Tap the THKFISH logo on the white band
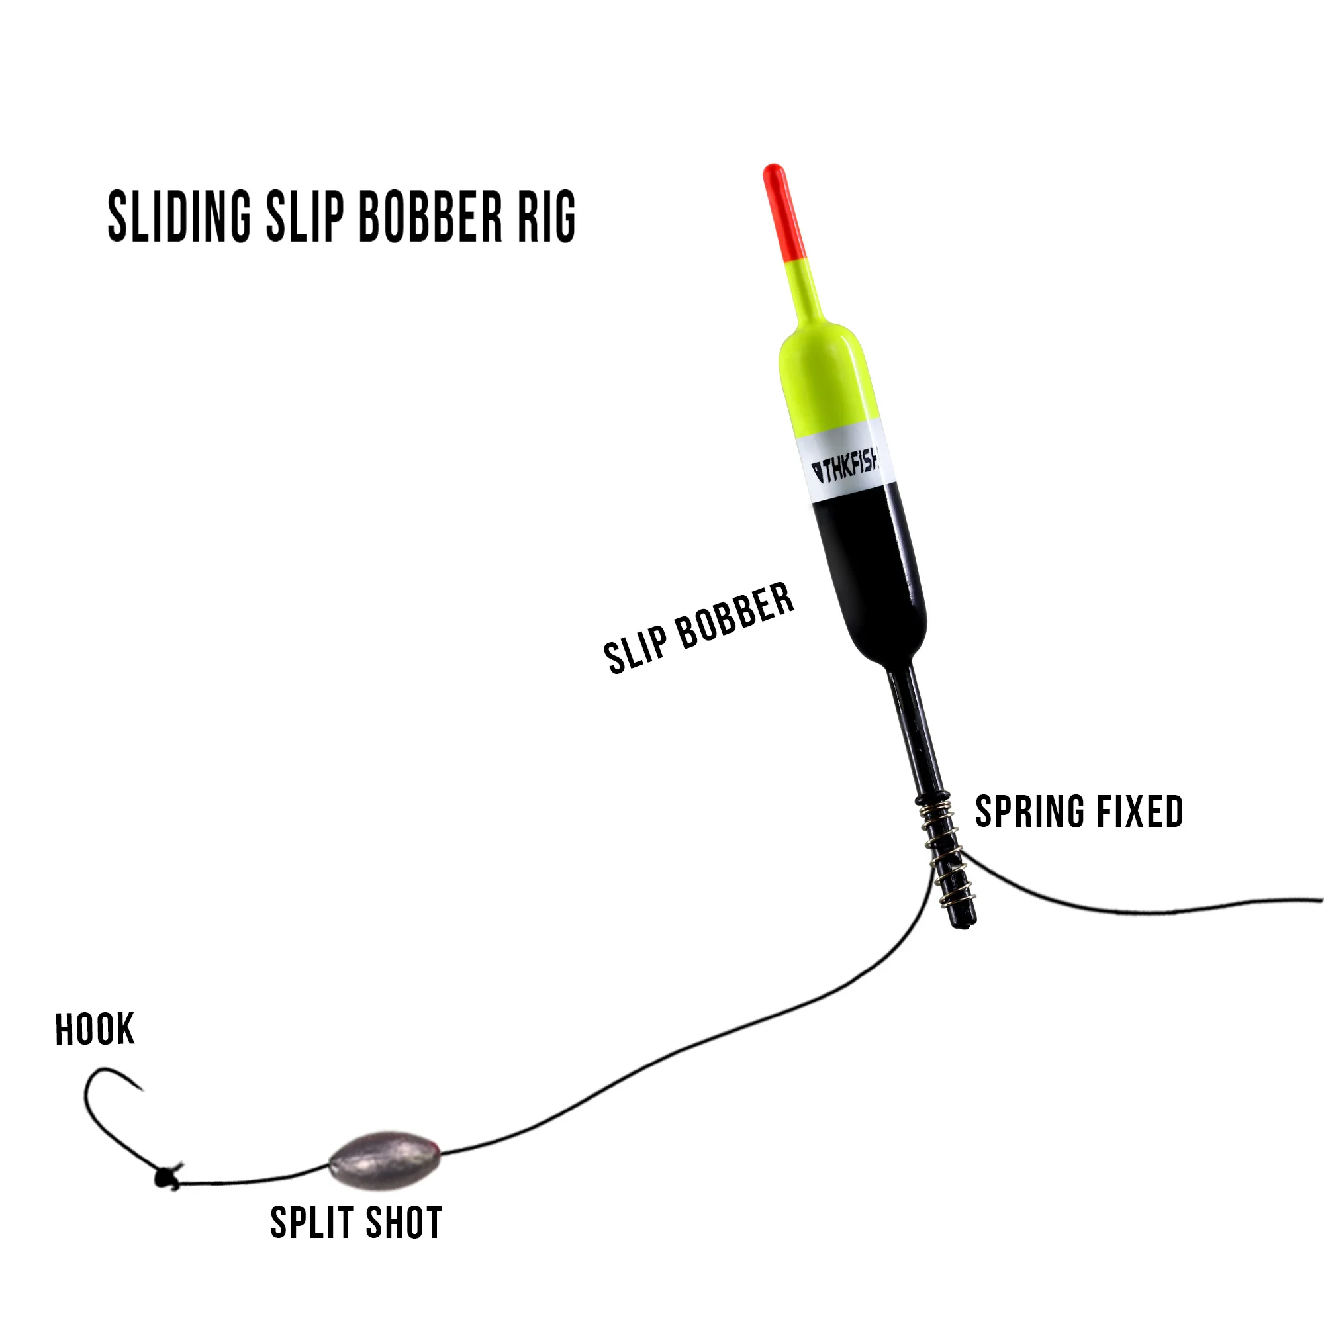tap(845, 468)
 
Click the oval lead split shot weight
tap(384, 1159)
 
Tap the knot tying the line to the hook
tap(167, 1177)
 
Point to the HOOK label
tap(95, 1029)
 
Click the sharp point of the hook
tap(141, 1089)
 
